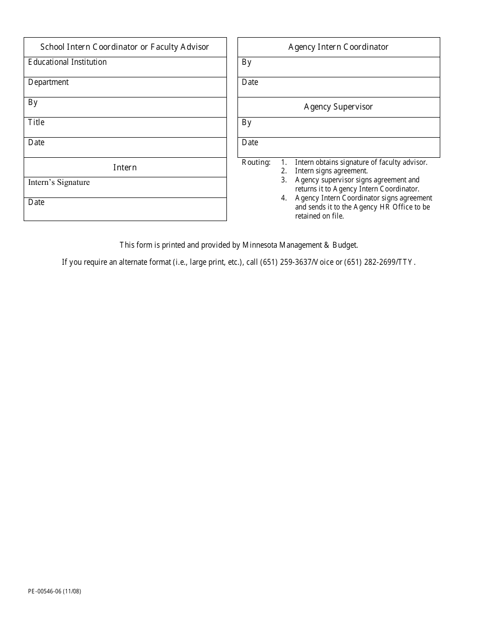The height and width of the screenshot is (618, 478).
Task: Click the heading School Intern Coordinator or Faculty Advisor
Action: point(125,47)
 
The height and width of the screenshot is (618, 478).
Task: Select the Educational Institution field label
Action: point(67,62)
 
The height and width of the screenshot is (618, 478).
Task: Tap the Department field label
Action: point(48,82)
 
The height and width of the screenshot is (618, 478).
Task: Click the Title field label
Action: point(36,123)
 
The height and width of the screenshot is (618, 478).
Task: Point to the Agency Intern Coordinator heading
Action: point(338,47)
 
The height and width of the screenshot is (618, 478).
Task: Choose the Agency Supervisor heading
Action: point(338,107)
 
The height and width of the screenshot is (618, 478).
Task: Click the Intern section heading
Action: point(125,167)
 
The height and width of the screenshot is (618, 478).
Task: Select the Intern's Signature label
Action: point(59,182)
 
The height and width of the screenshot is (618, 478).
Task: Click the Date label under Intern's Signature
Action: point(36,202)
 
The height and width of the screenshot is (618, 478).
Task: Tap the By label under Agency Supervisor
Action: point(247,123)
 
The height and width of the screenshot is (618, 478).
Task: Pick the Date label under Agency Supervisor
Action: point(250,143)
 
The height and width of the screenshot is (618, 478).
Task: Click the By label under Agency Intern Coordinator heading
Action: point(247,62)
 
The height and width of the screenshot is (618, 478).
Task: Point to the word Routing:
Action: point(256,162)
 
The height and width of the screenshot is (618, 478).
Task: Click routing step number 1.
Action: point(284,162)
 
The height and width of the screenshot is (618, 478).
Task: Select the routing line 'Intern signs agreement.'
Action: point(331,171)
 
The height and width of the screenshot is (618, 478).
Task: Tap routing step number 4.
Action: point(284,198)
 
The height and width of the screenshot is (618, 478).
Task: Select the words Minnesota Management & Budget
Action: point(300,245)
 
